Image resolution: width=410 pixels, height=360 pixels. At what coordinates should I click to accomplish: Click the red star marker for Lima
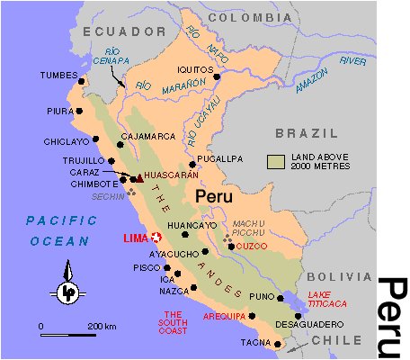tap(156, 238)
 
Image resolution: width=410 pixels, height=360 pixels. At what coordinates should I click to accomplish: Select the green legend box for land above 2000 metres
tap(277, 160)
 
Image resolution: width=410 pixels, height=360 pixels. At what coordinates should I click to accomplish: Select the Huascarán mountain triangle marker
tap(138, 178)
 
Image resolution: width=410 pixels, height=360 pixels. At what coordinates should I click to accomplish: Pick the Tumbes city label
tap(58, 76)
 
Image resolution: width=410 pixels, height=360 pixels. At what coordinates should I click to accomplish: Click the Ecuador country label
tap(112, 31)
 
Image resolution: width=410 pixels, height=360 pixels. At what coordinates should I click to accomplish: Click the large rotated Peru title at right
tap(391, 315)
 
